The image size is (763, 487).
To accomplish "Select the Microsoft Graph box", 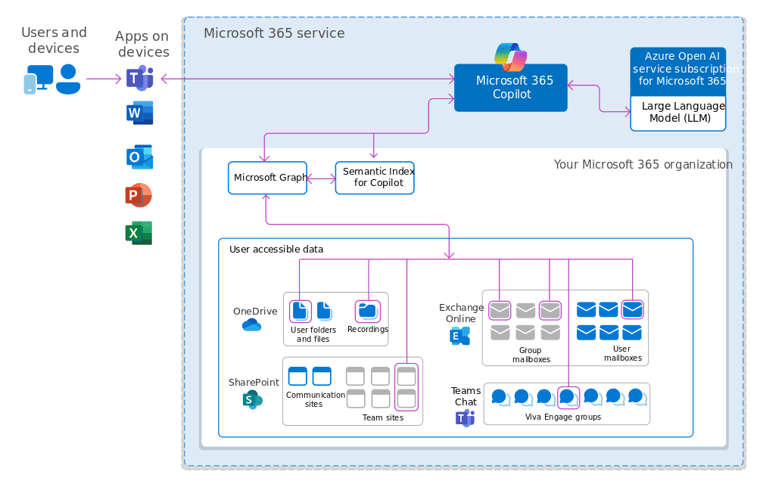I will [267, 178].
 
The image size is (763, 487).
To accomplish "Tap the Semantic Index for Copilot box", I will [375, 178].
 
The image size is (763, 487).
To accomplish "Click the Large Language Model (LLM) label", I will [678, 112].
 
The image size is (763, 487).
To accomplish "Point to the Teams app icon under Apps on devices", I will [139, 79].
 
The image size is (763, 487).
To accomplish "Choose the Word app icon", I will [139, 113].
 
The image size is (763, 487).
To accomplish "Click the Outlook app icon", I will [139, 157].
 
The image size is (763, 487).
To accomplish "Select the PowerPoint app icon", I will [139, 196].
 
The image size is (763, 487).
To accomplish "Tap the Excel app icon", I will [139, 234].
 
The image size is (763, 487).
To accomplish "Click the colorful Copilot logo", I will [510, 57].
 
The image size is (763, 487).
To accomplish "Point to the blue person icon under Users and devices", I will [68, 79].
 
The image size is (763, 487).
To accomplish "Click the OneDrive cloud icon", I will [251, 325].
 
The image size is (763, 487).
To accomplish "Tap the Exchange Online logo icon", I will [459, 336].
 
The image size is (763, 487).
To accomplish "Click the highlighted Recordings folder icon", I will [368, 310].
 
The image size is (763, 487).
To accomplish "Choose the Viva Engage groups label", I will [562, 417].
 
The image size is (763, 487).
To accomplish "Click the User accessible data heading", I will [276, 249].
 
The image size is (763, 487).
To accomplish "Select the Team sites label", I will [384, 417].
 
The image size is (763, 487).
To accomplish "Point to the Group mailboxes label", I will [530, 355].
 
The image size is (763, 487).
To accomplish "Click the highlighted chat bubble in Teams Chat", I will [568, 396].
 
